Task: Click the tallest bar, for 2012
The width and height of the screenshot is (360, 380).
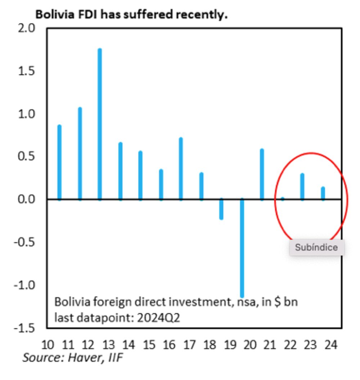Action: click(100, 124)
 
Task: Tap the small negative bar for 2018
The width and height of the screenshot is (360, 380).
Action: click(221, 209)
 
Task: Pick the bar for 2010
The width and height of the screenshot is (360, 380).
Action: click(59, 162)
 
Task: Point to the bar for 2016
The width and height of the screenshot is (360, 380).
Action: click(181, 169)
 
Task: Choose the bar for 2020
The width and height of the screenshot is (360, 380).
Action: click(262, 174)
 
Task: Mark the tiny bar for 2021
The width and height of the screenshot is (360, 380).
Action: click(283, 198)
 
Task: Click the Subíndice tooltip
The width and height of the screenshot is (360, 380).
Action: click(316, 247)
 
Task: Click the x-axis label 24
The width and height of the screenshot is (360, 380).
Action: click(331, 345)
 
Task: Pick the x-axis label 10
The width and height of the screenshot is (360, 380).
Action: click(48, 345)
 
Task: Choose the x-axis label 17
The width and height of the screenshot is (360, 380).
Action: click(189, 345)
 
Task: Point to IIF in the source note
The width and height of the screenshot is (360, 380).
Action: click(116, 358)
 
